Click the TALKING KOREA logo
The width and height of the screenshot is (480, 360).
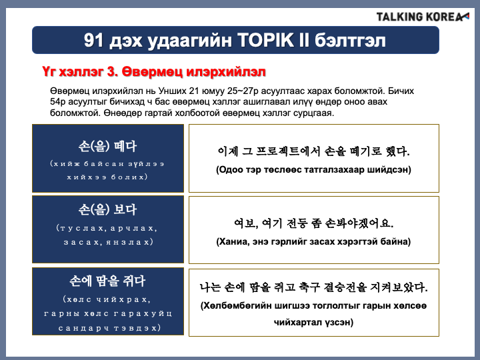[423, 17]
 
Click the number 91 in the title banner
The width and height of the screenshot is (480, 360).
[93, 41]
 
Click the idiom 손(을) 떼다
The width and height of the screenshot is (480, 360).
[107, 146]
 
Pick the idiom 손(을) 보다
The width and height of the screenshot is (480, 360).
[107, 210]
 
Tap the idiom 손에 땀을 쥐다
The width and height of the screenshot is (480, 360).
[107, 281]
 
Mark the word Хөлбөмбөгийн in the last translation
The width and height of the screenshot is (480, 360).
[236, 306]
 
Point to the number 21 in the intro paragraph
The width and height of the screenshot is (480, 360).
[194, 91]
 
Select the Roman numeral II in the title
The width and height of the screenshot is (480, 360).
[304, 40]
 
